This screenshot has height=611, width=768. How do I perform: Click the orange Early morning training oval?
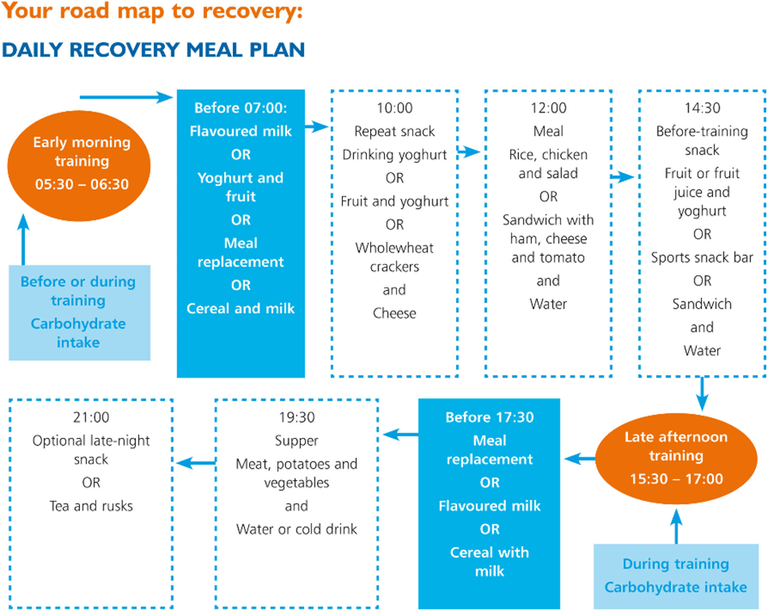[x=79, y=165]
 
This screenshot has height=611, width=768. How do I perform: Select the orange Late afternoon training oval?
[x=676, y=458]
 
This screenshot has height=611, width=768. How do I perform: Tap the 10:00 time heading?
[x=395, y=107]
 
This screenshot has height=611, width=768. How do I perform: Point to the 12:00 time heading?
[x=548, y=107]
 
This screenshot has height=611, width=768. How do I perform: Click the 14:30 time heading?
[x=702, y=107]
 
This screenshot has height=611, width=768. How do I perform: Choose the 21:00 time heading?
[x=91, y=417]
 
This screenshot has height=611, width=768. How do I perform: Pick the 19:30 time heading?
[x=297, y=417]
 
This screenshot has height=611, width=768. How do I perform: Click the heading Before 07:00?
[x=240, y=107]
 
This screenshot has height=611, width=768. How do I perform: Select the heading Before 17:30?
[x=489, y=417]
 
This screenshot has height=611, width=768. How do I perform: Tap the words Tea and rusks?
[x=91, y=506]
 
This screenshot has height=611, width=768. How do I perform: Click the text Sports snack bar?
[x=702, y=258]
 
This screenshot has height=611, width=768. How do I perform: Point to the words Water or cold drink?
[x=297, y=529]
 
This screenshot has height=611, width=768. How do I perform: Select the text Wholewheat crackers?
[x=395, y=257]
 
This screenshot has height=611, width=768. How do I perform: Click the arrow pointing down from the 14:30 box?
[x=702, y=394]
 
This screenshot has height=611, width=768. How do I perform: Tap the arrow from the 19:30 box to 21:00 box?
[x=196, y=462]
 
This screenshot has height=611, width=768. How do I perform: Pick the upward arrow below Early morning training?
[x=23, y=240]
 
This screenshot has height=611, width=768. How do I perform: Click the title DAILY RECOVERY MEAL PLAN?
[x=154, y=50]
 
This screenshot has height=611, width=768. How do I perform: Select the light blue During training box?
[x=676, y=576]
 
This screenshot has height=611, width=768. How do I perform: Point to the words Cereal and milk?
[x=240, y=309]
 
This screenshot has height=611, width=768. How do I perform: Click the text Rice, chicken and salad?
[x=548, y=164]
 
